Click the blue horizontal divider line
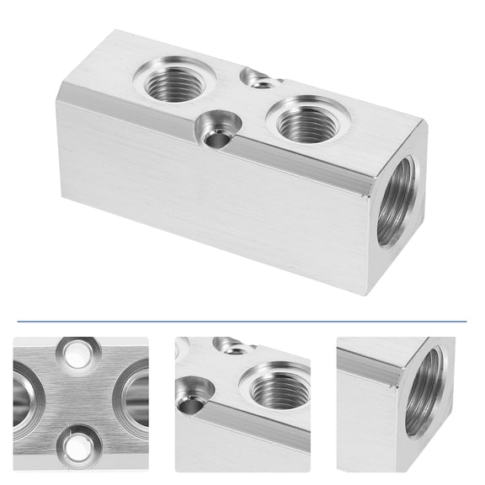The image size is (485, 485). [x=242, y=321]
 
